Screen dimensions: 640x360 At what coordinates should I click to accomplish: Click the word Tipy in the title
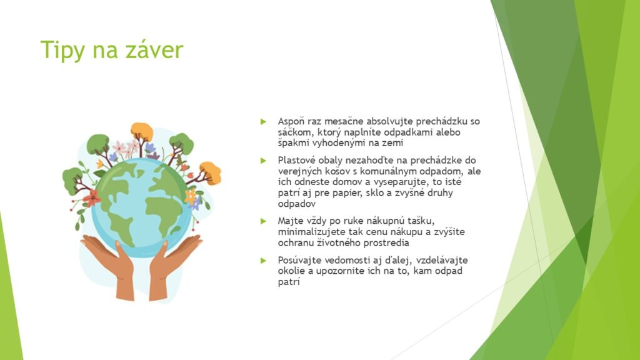pyautogui.click(x=62, y=51)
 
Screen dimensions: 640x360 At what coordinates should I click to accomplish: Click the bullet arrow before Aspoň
pyautogui.click(x=264, y=121)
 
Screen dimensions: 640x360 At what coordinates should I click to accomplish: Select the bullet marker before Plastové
pyautogui.click(x=264, y=161)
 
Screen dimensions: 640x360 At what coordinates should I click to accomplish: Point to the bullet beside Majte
pyautogui.click(x=264, y=221)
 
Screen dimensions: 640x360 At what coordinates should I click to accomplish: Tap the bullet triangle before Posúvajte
pyautogui.click(x=264, y=261)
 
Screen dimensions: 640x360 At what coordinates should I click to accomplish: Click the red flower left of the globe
pyautogui.click(x=91, y=198)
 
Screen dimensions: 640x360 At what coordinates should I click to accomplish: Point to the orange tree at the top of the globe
pyautogui.click(x=142, y=132)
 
